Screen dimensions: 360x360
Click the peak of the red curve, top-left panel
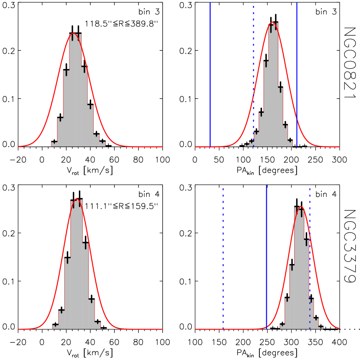(x=74, y=33)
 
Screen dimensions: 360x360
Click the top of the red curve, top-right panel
(x=272, y=22)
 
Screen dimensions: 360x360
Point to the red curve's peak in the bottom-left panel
(x=77, y=199)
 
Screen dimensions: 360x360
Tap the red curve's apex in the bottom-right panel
(x=301, y=206)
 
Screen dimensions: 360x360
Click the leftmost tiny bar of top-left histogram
(x=54, y=144)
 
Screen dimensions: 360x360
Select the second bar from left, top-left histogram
(x=60, y=132)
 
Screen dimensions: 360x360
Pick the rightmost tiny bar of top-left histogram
(x=103, y=144)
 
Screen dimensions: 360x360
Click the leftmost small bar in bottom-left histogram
(x=55, y=327)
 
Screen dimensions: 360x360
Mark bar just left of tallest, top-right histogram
(x=266, y=104)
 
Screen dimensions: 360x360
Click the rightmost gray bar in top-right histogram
(x=290, y=144)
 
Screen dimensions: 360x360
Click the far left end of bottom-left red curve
(x=19, y=329)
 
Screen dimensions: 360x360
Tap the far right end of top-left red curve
(x=162, y=147)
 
